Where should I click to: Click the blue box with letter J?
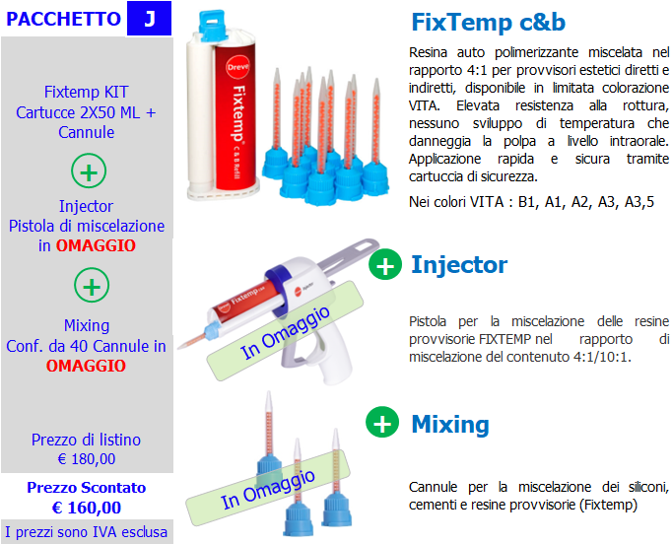[x=149, y=19]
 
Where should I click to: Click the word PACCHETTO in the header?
[x=63, y=19]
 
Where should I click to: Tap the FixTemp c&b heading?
[x=488, y=22]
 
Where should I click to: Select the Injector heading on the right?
[x=459, y=264]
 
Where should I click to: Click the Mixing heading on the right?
[x=450, y=424]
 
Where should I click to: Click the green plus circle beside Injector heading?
[x=385, y=264]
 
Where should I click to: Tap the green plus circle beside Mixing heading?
[x=382, y=422]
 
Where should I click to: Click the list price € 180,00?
[x=86, y=459]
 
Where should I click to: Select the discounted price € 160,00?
[x=86, y=508]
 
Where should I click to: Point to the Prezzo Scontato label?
[x=86, y=488]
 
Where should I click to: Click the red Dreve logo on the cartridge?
[x=237, y=67]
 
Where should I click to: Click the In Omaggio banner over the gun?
[x=285, y=331]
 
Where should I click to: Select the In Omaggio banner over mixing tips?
[x=268, y=489]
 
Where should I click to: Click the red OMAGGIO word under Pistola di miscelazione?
[x=96, y=245]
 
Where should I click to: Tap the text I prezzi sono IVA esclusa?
[x=86, y=532]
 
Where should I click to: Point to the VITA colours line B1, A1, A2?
[x=531, y=201]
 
